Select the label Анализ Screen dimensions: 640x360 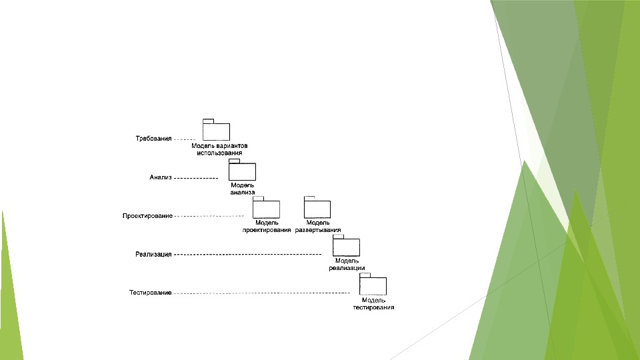coord(161,178)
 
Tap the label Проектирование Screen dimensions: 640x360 coord(147,216)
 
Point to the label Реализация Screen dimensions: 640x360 coord(153,254)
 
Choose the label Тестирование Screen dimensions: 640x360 coord(151,293)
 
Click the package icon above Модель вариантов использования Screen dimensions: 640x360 coord(216,131)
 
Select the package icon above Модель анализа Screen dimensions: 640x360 coord(242,171)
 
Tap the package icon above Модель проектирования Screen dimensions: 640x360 coord(266,209)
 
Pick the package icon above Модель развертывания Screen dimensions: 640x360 coord(317,209)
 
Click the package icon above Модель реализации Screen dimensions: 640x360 coord(346,247)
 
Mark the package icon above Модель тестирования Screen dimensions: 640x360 coord(373,286)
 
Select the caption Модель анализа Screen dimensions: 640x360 coord(243,188)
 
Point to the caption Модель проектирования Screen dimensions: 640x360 coord(267,226)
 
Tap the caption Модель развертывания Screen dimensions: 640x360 coord(318,226)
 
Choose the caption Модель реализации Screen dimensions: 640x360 coord(347,264)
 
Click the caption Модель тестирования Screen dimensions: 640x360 coord(373,303)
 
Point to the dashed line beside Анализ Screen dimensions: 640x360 coord(197,178)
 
